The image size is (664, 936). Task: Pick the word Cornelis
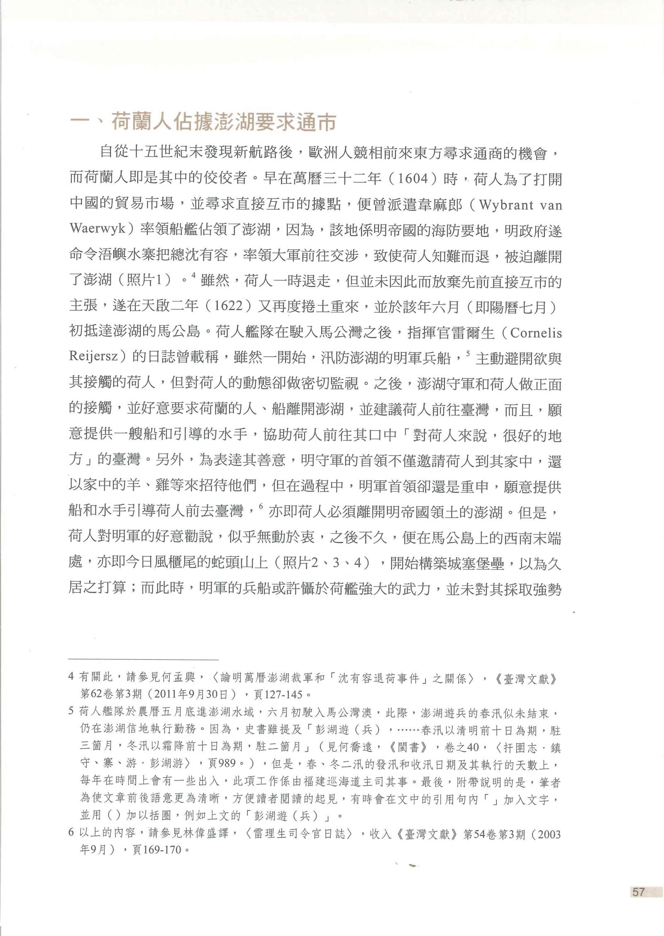coord(535,333)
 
